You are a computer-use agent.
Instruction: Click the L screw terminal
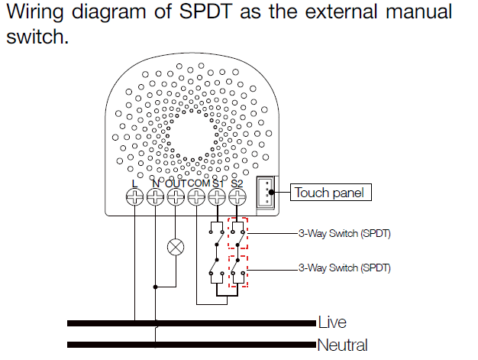click(x=134, y=198)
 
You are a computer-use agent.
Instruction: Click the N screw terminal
click(x=155, y=198)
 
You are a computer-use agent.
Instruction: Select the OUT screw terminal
click(x=176, y=198)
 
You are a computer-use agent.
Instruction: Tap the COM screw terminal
click(x=196, y=198)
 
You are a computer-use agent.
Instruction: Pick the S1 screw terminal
click(x=217, y=198)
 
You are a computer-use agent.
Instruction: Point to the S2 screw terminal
click(x=237, y=198)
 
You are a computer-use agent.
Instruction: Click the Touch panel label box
click(x=330, y=193)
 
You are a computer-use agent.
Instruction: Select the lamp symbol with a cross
click(x=176, y=246)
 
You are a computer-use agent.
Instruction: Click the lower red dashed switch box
click(x=238, y=271)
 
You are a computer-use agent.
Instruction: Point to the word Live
click(x=332, y=323)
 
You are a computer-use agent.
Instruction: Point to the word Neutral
click(x=342, y=345)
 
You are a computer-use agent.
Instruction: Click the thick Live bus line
click(x=191, y=322)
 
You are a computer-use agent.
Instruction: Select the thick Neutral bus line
click(x=191, y=344)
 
